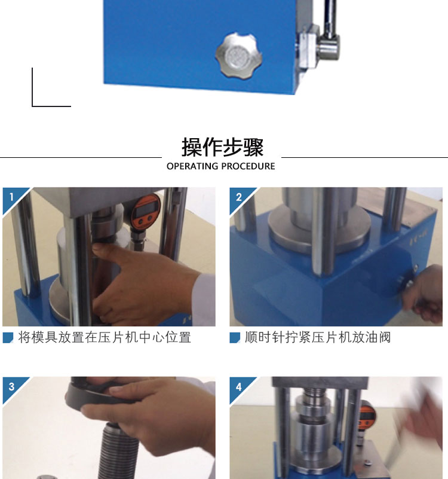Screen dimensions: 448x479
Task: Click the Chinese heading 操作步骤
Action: pos(222,147)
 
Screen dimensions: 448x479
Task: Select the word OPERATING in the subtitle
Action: pos(192,166)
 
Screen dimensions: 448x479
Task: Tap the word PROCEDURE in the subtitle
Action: pos(248,166)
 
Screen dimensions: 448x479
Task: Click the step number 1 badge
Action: pos(11,197)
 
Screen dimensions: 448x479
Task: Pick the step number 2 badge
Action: pos(239,197)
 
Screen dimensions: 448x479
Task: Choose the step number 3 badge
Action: pos(11,387)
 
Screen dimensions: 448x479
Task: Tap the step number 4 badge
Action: pos(239,387)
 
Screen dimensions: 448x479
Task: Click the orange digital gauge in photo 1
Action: pos(146,210)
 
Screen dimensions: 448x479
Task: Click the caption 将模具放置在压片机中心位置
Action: pos(105,337)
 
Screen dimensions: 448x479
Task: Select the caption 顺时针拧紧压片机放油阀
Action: pos(318,337)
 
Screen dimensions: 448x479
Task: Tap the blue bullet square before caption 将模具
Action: pos(8,338)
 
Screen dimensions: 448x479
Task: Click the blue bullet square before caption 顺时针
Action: pos(235,338)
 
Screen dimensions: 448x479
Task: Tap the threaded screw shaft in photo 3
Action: pos(118,449)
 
